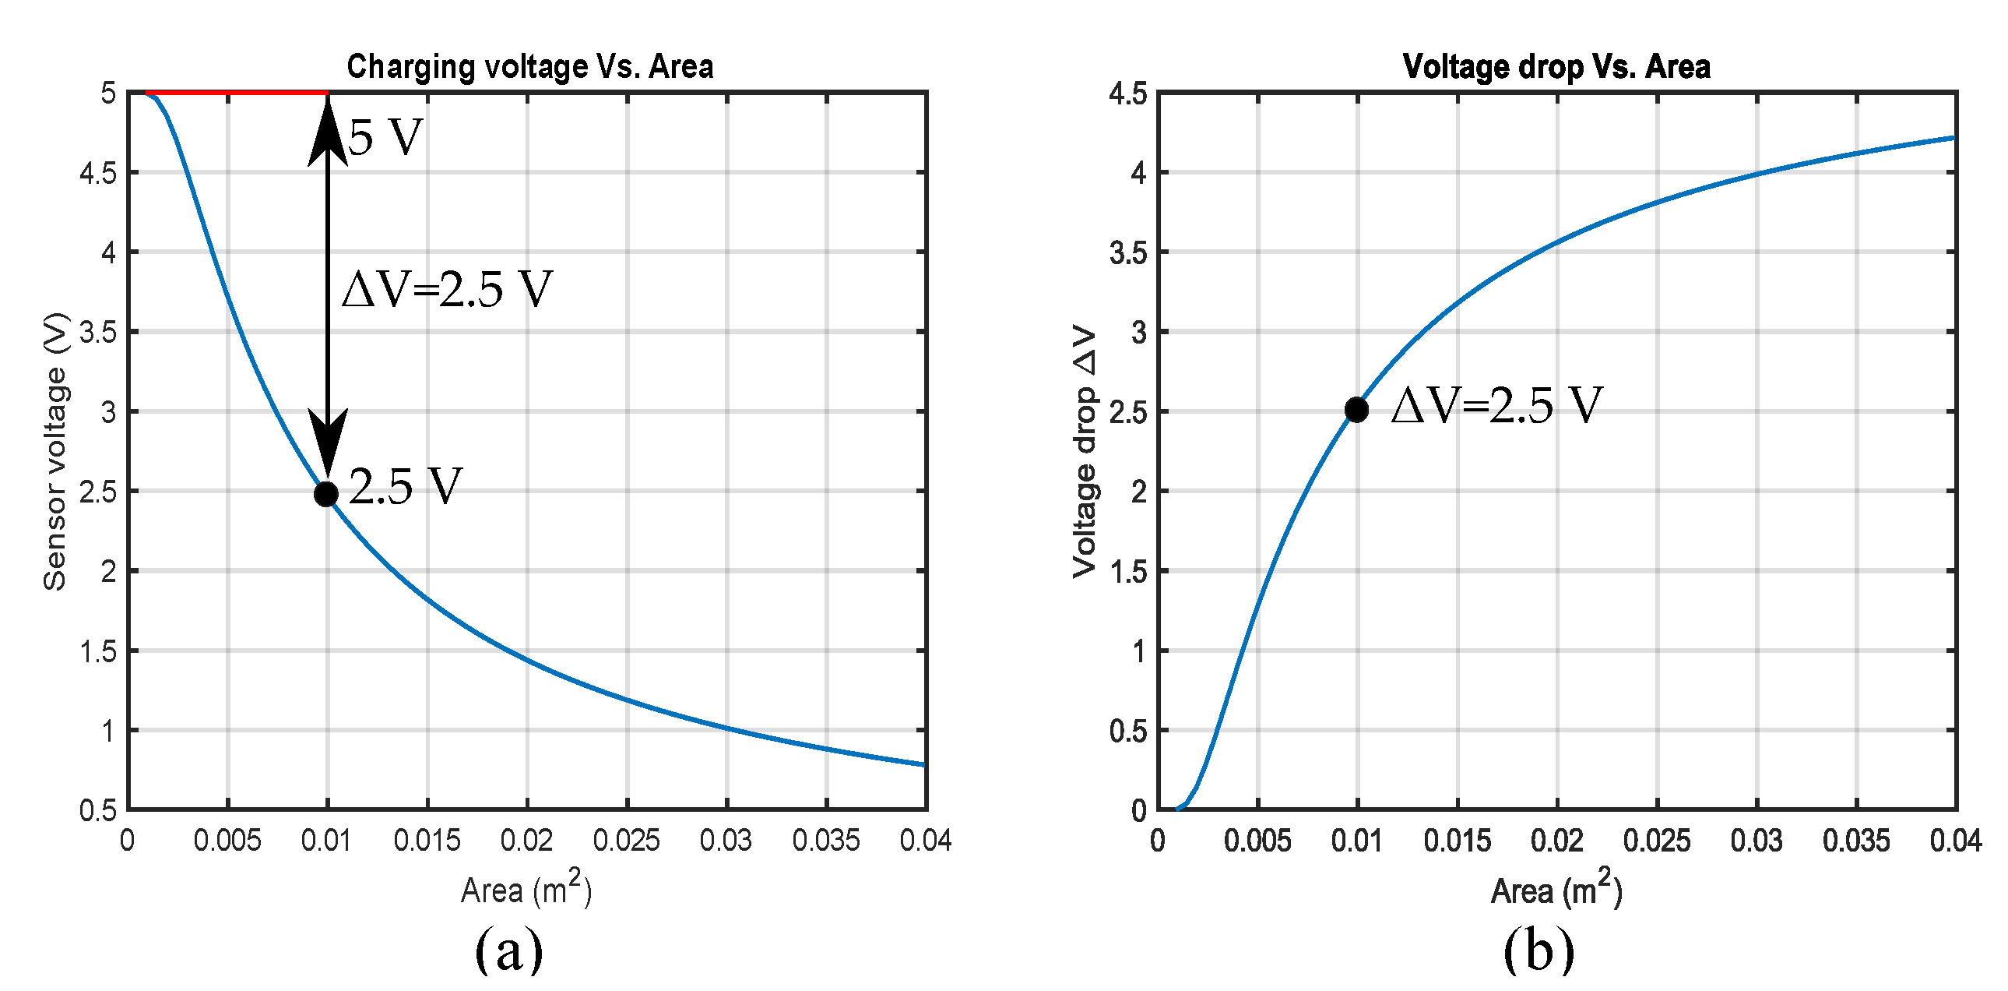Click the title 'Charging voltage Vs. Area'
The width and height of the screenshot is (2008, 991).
tap(529, 67)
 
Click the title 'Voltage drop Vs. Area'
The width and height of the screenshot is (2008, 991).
tap(1556, 67)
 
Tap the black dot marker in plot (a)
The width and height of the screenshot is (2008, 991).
tap(325, 493)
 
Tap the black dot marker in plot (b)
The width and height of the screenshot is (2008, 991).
tap(1356, 409)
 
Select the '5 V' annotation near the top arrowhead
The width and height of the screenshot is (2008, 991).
tap(385, 138)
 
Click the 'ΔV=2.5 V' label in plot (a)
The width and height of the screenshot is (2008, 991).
tap(447, 289)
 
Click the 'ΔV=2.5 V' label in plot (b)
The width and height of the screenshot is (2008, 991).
tap(1496, 405)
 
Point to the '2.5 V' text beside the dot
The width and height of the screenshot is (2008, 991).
tap(406, 486)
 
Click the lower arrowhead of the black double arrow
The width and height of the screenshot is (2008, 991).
tap(327, 440)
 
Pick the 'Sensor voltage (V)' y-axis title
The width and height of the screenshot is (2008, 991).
tap(55, 451)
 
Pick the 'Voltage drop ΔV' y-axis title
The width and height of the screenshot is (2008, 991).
tap(1085, 451)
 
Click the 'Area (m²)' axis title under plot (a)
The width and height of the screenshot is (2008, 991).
tap(526, 890)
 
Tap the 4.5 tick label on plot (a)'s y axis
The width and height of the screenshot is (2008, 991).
tap(97, 173)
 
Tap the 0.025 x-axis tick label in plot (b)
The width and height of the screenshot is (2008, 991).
tap(1656, 841)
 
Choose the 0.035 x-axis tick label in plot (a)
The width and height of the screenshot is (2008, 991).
tap(825, 841)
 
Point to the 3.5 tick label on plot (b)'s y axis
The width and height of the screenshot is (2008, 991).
tap(1128, 252)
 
